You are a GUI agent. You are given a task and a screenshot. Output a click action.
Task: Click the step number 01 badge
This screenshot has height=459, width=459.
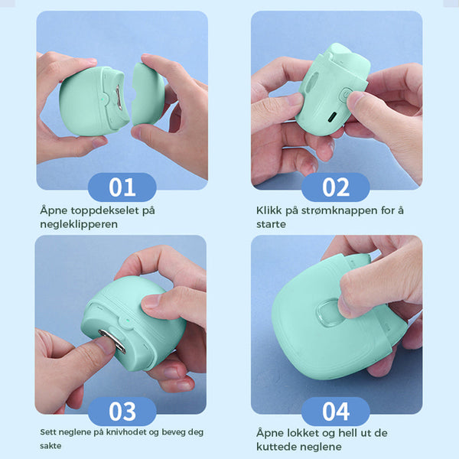tap(122, 187)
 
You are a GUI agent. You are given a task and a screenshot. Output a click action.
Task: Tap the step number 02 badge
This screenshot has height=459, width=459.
tap(336, 187)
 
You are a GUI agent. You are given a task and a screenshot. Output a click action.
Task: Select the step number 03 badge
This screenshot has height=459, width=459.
tap(122, 412)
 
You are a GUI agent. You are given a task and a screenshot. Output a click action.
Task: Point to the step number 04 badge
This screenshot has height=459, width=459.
tap(336, 412)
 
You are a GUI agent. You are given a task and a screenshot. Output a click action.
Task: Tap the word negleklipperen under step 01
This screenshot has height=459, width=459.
tap(79, 224)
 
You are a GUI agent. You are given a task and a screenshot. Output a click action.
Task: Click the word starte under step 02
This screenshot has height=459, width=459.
tap(271, 224)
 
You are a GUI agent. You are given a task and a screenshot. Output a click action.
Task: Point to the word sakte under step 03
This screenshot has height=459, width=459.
tap(50, 446)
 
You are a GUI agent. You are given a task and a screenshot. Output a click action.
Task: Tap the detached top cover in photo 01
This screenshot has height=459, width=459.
tap(148, 93)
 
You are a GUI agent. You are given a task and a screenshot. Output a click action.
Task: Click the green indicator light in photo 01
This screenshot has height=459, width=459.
tap(103, 99)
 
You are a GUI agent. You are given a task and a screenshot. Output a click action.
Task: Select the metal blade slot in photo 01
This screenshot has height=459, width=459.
tap(119, 97)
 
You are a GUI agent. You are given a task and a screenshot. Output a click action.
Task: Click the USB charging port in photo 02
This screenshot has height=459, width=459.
tap(333, 117)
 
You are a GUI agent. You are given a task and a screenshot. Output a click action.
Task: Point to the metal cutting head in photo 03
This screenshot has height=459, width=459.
tap(112, 341)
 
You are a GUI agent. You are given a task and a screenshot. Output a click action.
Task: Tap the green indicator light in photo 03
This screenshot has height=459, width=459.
tap(127, 320)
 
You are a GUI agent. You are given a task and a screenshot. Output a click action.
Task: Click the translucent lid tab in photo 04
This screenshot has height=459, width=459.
tap(327, 313)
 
